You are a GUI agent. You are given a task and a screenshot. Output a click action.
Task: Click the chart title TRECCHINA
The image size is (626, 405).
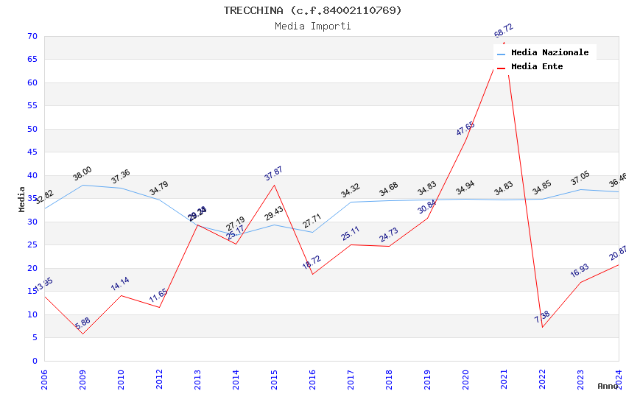tap(313, 10)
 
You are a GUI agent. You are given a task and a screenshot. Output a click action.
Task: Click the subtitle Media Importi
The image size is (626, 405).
tap(313, 27)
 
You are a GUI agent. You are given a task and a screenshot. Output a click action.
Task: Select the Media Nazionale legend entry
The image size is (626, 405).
tap(549, 52)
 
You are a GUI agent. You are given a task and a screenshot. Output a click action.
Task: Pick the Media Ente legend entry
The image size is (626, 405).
tap(537, 66)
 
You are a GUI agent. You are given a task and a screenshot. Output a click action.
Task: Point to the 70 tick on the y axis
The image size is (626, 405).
tap(31, 36)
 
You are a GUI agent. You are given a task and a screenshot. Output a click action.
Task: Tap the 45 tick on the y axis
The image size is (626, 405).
tap(31, 152)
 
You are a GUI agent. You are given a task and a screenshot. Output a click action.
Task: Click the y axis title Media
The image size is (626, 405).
tap(22, 199)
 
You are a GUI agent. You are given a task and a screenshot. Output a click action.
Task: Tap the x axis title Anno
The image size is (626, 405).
tap(608, 386)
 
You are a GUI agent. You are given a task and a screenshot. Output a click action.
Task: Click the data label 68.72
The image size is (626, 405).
tap(504, 31)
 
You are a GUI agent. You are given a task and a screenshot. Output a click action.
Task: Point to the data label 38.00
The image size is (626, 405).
tap(82, 174)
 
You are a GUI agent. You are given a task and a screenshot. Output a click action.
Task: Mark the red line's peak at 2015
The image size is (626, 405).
tap(274, 185)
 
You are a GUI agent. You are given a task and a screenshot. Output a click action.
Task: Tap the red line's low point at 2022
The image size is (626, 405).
tap(542, 327)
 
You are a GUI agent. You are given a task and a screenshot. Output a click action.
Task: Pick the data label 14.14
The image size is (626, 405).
tap(120, 283)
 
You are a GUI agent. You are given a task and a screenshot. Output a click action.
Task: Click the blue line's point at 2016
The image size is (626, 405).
tap(312, 232)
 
